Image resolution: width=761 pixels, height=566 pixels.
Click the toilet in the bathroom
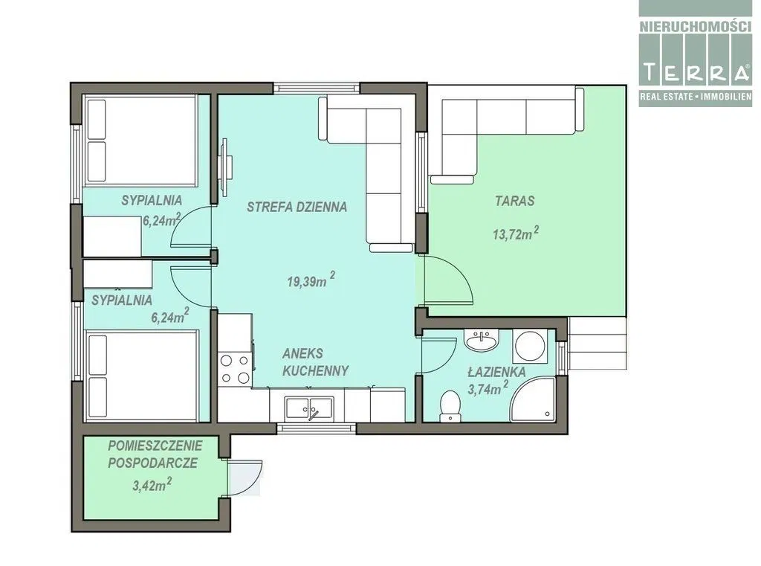tap(450, 406)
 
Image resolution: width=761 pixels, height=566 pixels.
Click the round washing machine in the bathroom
tap(530, 345)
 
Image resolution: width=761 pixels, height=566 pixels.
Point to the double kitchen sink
tap(309, 408)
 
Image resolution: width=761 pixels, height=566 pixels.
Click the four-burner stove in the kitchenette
tap(235, 369)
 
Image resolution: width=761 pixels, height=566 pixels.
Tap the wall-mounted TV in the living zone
tap(225, 167)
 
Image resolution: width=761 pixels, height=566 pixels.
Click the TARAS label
tap(515, 201)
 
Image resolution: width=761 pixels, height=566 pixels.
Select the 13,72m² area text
tap(516, 234)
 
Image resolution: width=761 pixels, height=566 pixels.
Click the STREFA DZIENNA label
tap(297, 207)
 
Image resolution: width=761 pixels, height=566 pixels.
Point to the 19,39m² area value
tap(311, 280)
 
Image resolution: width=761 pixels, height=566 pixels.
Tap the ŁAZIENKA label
tap(496, 372)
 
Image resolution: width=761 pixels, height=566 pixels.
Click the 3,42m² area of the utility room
tap(152, 484)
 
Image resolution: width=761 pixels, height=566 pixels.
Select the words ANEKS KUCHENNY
tap(315, 362)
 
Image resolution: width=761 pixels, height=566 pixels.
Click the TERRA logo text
tap(695, 72)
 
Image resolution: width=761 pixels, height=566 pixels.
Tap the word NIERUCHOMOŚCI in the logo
tap(695, 26)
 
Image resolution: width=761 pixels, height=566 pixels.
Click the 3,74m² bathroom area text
tap(488, 388)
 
